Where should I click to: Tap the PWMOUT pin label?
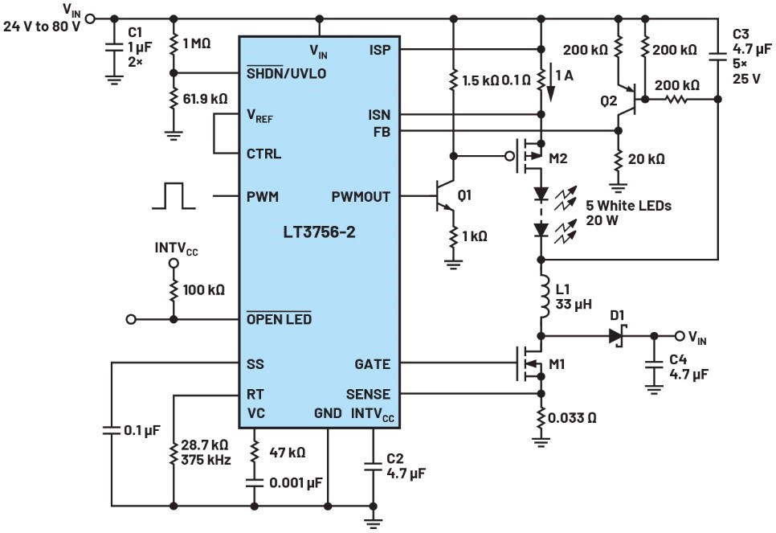coord(361,196)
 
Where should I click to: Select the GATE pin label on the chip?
coord(373,364)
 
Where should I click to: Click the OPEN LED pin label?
coord(279,320)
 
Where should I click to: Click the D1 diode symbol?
coord(617,336)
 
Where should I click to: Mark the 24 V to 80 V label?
coord(42,24)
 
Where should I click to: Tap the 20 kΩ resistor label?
coord(646,159)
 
